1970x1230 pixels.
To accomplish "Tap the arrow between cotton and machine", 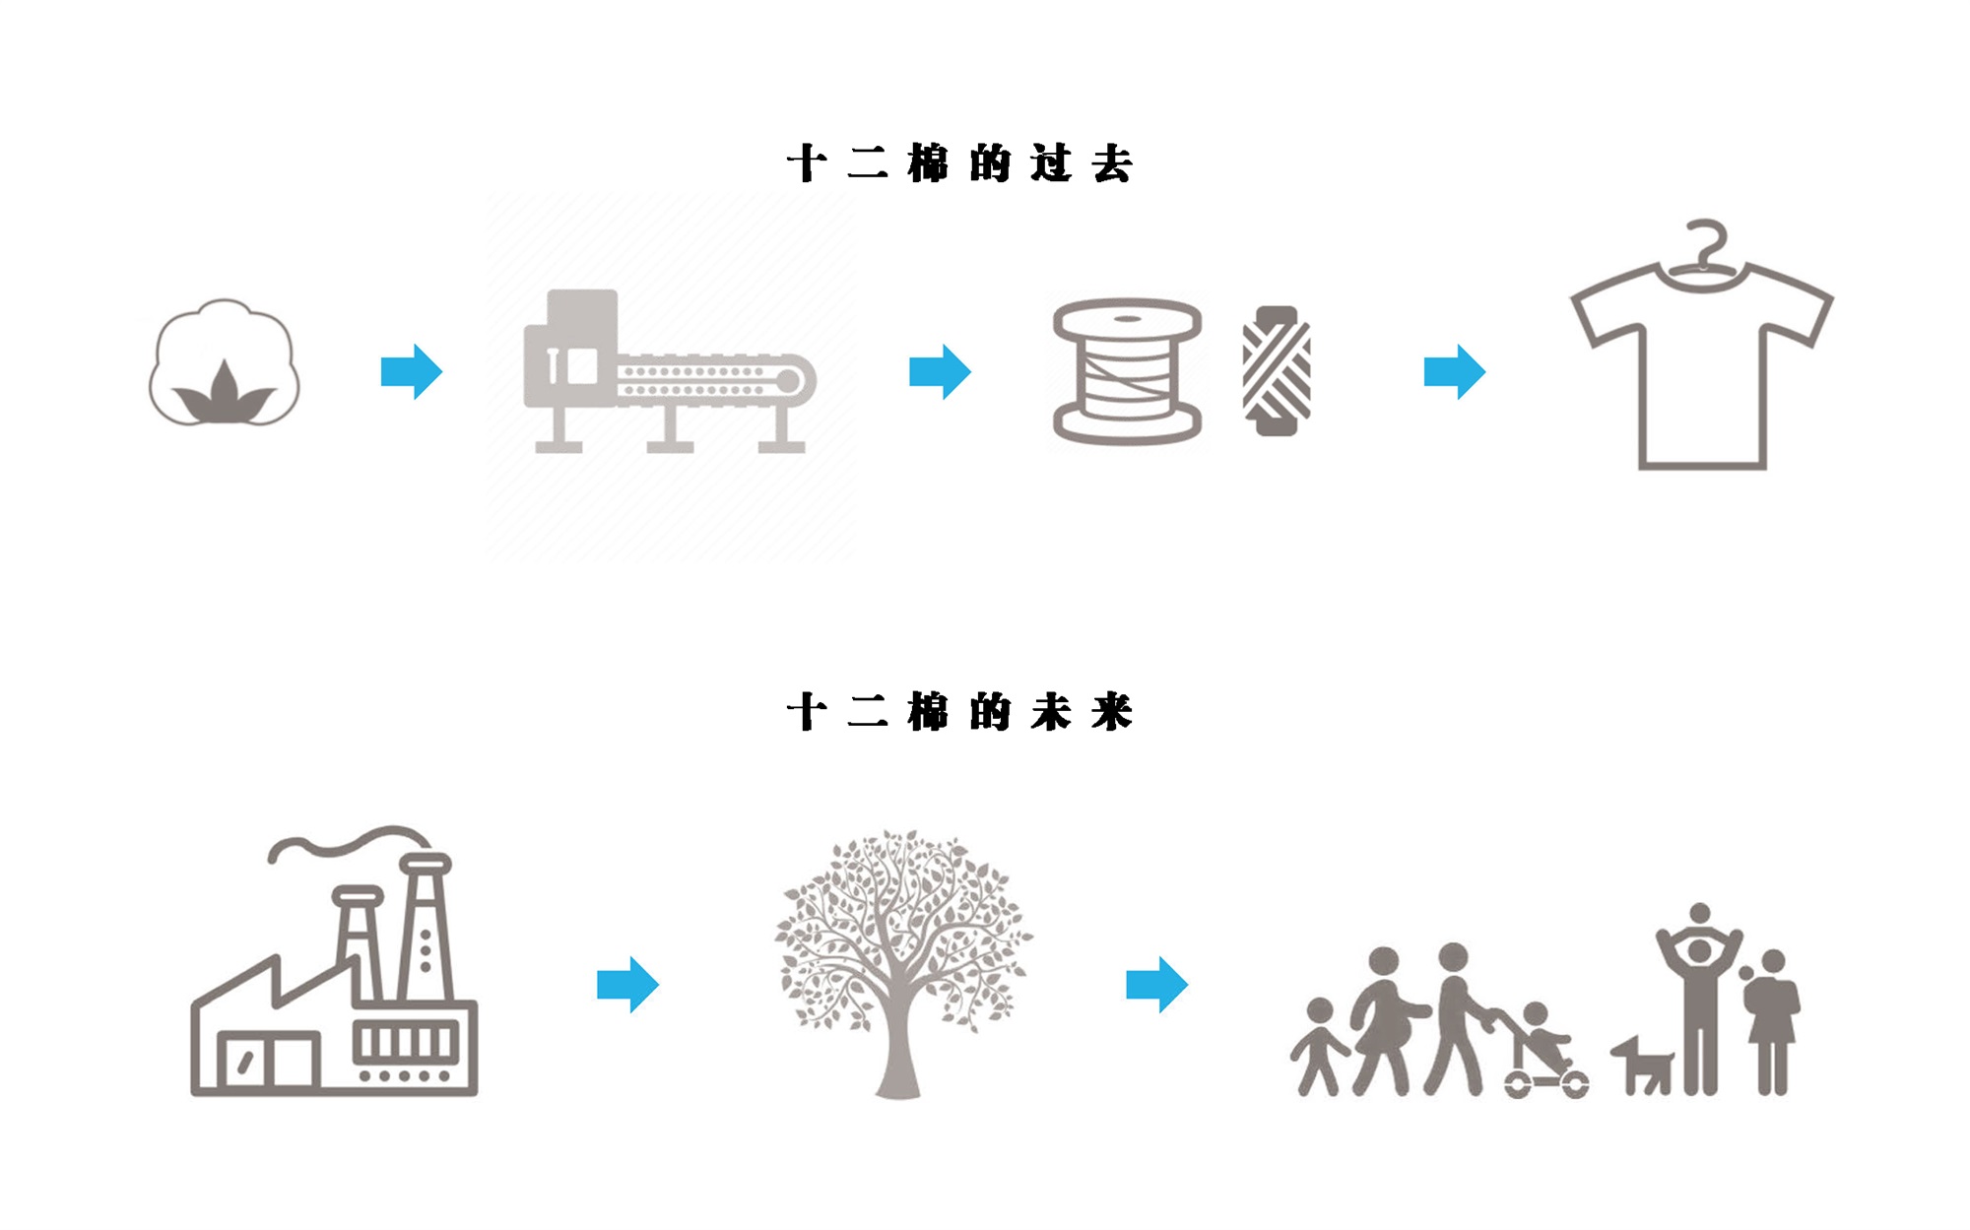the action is click(x=412, y=371).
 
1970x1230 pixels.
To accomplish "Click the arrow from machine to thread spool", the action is click(x=940, y=371).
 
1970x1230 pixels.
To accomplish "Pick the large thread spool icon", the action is click(x=1127, y=371).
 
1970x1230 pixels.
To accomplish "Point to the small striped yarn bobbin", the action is click(x=1277, y=371).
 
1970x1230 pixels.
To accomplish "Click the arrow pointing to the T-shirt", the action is click(x=1455, y=371).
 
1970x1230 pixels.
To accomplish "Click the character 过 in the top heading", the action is click(x=1051, y=163).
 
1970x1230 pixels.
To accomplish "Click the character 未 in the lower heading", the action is click(x=1051, y=711).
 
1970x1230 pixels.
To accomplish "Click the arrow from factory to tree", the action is click(x=627, y=984).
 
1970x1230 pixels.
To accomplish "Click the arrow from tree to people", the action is click(x=1156, y=984).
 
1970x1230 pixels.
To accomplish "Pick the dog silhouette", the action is click(x=1642, y=1066).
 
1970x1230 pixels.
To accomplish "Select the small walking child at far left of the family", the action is click(x=1318, y=1046).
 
